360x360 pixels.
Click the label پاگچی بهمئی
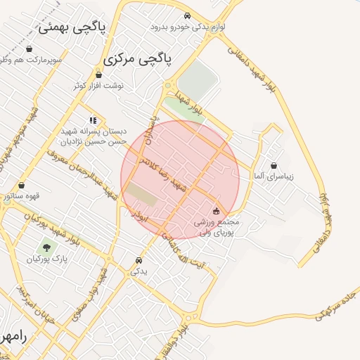[71, 27]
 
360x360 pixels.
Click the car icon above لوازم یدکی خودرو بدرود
[186, 15]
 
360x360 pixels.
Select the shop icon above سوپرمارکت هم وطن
[29, 49]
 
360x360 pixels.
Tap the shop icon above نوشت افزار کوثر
[98, 74]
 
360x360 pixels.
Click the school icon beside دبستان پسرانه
[93, 120]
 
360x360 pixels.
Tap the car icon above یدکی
[139, 260]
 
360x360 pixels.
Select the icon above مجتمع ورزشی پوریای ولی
[216, 210]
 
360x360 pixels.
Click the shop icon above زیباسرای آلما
[274, 166]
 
